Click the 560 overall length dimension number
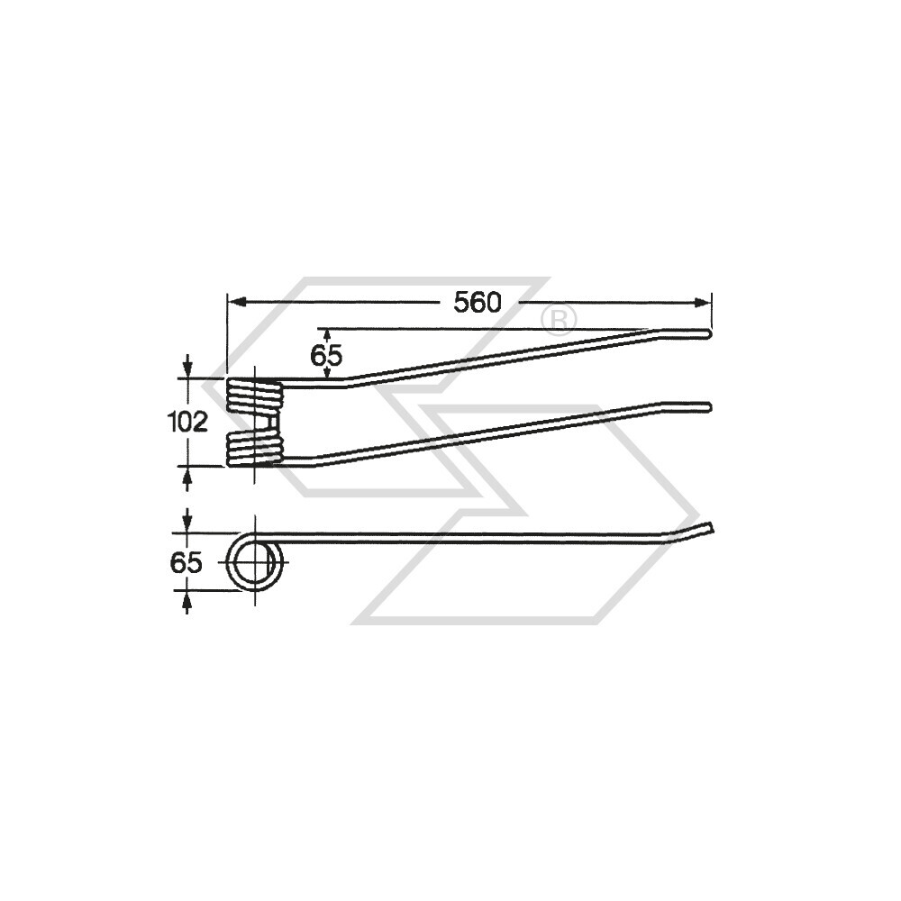[x=477, y=303]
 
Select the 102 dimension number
[x=188, y=422]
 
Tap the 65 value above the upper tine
[x=326, y=355]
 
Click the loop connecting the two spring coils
[x=274, y=423]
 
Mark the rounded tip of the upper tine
[x=709, y=334]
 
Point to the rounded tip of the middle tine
[x=709, y=407]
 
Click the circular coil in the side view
[x=254, y=564]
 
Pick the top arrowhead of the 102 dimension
[x=187, y=370]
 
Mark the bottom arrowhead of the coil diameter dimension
[x=187, y=598]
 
